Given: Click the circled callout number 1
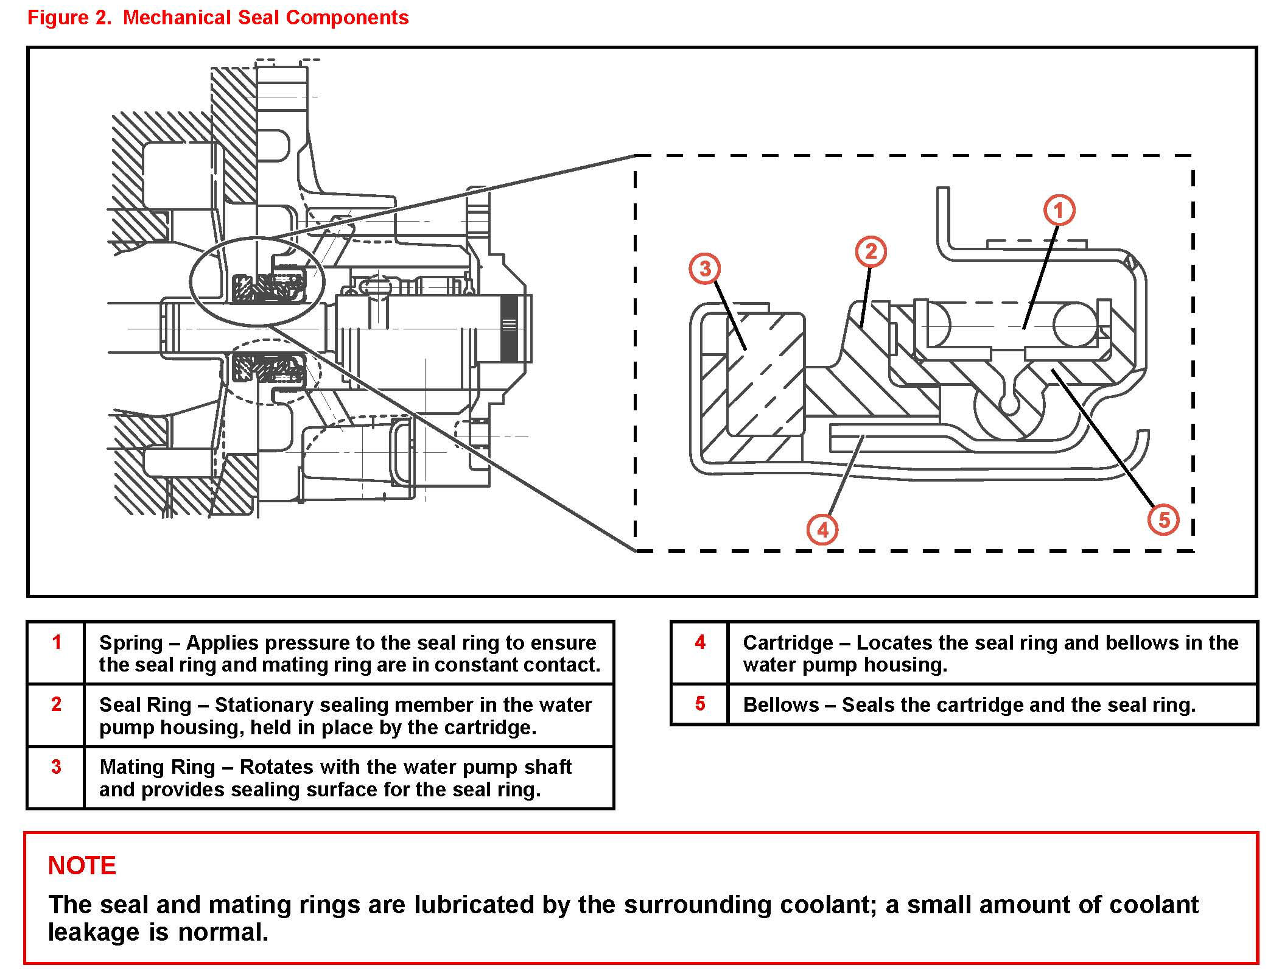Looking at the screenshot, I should coord(1059,211).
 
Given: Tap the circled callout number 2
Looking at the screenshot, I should coord(871,251).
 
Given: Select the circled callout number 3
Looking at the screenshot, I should coord(705,268).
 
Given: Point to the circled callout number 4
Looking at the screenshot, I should coord(822,530).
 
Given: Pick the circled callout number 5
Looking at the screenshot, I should coord(1163,520).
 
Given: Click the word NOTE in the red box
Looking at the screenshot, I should coord(82,865).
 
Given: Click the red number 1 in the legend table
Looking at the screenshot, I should coord(57,642).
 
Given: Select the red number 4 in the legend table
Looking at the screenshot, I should coord(700,642).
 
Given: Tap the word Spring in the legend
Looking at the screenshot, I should coord(131,643).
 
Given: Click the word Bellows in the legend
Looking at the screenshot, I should coord(781,705).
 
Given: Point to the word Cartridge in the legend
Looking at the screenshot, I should coord(788,643).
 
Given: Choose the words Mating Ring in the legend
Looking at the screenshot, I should coord(157,767).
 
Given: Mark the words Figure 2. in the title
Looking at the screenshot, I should coord(69,18).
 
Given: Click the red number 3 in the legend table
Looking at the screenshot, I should coord(56,767).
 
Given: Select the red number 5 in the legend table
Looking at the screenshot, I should coord(700,704).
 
